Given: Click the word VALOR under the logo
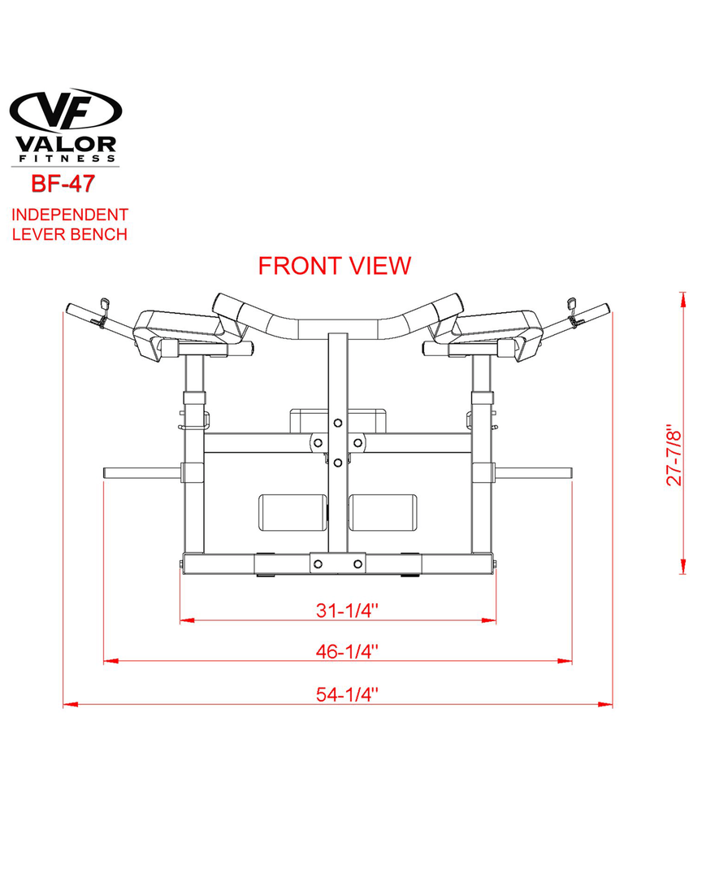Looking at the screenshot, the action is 66,145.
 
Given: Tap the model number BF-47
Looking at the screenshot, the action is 63,184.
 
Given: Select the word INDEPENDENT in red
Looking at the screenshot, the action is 70,215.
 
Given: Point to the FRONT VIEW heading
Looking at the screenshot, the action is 335,266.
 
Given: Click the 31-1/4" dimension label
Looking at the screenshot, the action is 348,610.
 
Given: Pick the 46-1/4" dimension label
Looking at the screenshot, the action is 348,651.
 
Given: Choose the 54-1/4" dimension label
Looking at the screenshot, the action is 348,694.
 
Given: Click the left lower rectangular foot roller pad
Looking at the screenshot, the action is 292,512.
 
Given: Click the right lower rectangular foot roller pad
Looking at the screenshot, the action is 383,512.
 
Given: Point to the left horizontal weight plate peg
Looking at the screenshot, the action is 143,472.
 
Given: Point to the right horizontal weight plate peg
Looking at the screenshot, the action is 533,472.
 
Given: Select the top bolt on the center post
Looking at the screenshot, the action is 337,423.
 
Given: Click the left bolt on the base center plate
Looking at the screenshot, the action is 318,564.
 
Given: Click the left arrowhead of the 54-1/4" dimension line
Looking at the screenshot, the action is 71,704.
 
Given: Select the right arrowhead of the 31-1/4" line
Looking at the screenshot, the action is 489,620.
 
